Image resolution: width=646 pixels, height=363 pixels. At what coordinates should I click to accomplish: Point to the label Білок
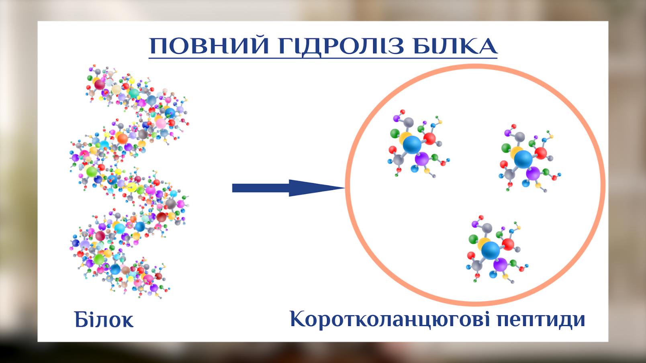[104, 320]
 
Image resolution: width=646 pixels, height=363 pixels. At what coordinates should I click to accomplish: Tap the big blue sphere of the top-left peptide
[412, 145]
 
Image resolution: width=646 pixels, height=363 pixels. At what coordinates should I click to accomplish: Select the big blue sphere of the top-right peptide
[523, 159]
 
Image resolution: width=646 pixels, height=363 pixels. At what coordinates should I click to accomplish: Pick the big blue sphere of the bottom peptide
[491, 251]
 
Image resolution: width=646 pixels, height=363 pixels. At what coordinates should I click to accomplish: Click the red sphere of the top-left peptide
[429, 139]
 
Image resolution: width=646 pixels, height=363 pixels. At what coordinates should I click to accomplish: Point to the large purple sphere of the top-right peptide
[533, 173]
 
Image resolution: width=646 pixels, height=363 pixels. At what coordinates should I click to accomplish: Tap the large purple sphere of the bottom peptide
[500, 265]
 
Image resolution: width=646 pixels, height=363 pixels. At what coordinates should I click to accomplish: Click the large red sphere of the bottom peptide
[508, 244]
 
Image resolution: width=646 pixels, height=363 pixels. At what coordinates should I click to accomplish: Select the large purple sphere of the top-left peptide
[421, 159]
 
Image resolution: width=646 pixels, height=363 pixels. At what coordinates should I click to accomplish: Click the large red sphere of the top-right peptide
[541, 153]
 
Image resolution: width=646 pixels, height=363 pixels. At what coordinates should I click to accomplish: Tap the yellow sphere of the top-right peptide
[516, 152]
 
